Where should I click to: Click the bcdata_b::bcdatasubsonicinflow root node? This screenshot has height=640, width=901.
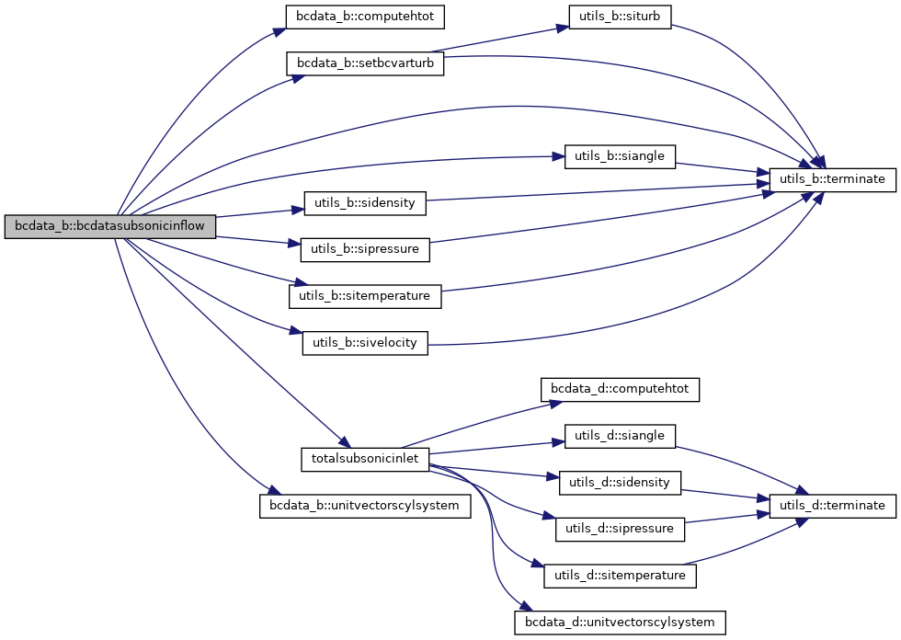[x=110, y=227]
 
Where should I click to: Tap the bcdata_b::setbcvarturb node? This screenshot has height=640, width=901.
[x=366, y=63]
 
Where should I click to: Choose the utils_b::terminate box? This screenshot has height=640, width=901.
[x=831, y=179]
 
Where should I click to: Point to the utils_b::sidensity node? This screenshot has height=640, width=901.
[x=364, y=202]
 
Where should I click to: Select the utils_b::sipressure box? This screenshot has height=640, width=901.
[x=365, y=248]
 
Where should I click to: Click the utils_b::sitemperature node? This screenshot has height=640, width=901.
[x=366, y=296]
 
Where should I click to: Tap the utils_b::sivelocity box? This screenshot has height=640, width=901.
[x=365, y=343]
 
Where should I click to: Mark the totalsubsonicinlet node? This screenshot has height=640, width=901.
[x=365, y=459]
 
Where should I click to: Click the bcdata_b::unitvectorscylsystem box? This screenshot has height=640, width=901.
[x=365, y=506]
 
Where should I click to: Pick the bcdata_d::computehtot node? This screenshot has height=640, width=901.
[x=620, y=390]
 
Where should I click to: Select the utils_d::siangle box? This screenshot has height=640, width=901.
[x=620, y=436]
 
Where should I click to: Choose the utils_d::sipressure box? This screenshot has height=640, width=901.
[x=620, y=529]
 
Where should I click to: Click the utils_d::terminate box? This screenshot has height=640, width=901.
[x=831, y=506]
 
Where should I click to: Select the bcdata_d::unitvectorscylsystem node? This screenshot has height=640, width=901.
[x=620, y=623]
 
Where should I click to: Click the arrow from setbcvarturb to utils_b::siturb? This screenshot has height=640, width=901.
[x=501, y=40]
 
